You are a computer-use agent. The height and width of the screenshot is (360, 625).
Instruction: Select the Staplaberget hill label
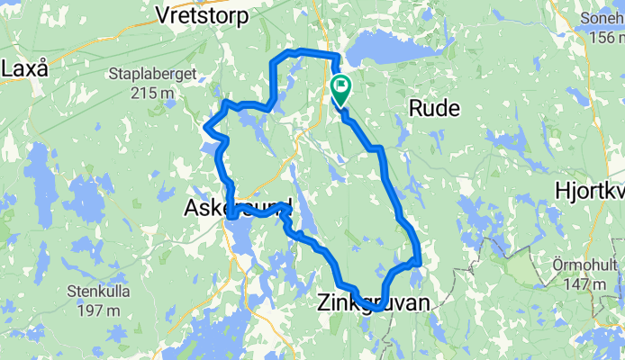(x=146, y=74)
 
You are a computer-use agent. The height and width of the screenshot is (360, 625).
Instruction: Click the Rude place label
(x=434, y=109)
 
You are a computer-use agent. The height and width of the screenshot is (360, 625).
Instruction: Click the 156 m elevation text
(x=604, y=37)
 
